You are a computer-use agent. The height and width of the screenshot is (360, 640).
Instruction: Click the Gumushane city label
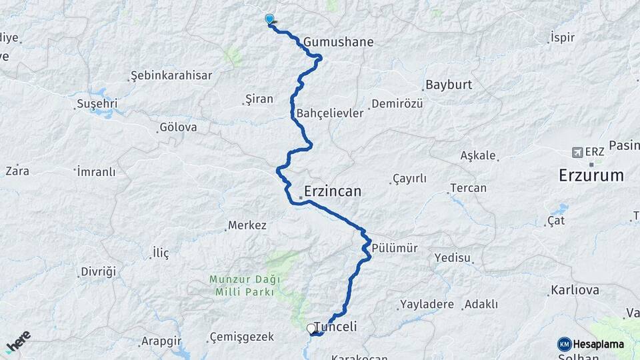338,42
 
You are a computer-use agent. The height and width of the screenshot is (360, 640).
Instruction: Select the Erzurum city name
591,176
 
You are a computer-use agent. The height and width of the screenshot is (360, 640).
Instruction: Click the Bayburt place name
448,85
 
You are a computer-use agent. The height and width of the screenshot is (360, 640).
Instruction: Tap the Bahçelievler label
330,113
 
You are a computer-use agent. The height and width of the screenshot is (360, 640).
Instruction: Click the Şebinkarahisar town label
171,75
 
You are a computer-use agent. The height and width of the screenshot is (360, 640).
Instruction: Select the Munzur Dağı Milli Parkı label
244,286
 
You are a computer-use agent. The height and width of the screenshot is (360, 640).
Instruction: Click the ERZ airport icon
577,152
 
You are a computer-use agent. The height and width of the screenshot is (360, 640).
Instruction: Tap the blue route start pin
269,19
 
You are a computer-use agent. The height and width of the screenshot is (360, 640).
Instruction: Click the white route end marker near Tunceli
311,328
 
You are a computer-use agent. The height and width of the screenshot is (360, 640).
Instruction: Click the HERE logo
17,343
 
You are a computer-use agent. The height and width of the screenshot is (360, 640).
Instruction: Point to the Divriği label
98,271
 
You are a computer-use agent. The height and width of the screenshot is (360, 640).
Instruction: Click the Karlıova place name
574,291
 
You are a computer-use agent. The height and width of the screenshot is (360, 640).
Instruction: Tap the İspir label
562,37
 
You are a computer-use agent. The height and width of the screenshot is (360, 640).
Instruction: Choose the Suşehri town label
97,103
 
